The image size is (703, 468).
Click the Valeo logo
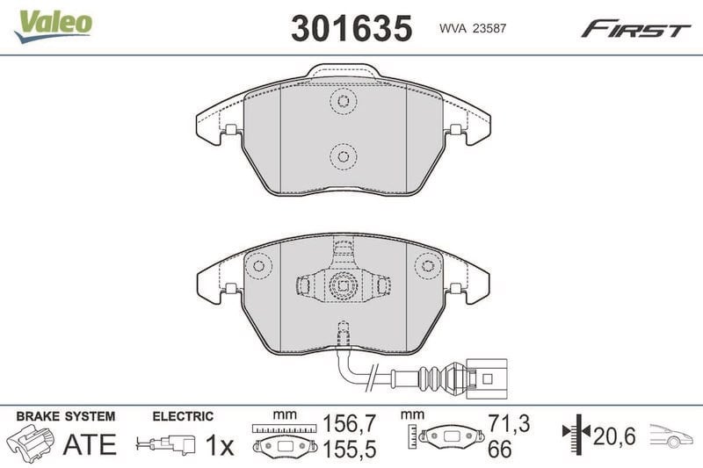pyautogui.click(x=53, y=26)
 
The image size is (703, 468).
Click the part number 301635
pyautogui.click(x=351, y=28)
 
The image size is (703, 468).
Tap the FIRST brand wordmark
pyautogui.click(x=635, y=29)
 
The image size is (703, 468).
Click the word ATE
pyautogui.click(x=90, y=444)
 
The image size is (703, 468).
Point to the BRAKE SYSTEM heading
pyautogui.click(x=66, y=416)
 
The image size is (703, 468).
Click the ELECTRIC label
pyautogui.click(x=183, y=416)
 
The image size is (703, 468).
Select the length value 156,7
pyautogui.click(x=349, y=423)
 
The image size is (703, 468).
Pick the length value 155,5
pyautogui.click(x=349, y=450)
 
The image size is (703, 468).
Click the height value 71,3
pyautogui.click(x=509, y=423)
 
